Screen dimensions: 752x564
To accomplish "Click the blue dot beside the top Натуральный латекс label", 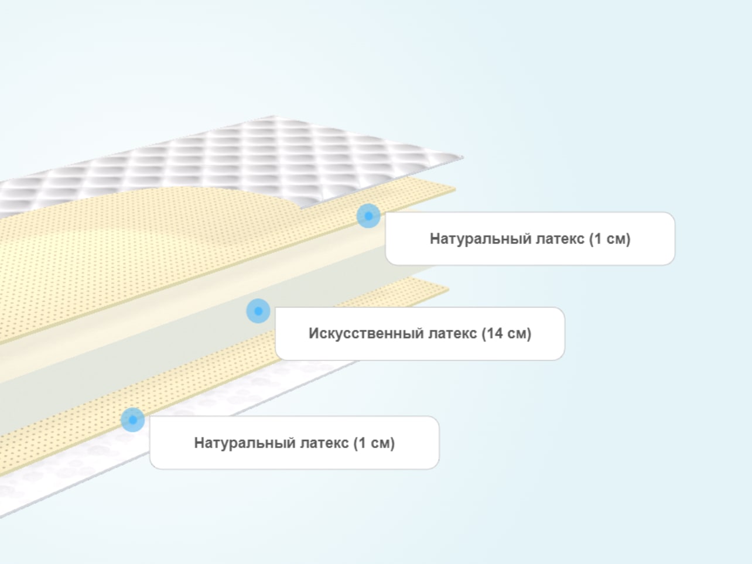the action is pos(368,216).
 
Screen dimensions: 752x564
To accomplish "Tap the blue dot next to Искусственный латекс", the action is pos(258,311).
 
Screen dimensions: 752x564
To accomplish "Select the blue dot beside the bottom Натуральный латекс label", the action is pos(133,420).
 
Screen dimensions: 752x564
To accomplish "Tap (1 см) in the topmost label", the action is pos(610,239).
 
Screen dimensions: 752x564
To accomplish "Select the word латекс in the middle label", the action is pos(452,333).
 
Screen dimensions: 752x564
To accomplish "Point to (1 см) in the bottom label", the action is pos(374,443).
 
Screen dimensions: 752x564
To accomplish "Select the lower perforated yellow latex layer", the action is pos(171,394).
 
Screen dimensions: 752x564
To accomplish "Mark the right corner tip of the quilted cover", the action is pos(463,158).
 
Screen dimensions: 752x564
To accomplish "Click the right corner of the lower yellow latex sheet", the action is pos(449,290).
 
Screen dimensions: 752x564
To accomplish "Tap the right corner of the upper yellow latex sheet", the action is pos(455,189).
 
